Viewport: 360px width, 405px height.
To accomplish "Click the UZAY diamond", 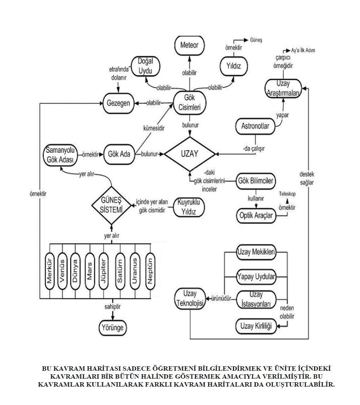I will pyautogui.click(x=189, y=154).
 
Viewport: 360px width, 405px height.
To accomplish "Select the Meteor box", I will pyautogui.click(x=189, y=46).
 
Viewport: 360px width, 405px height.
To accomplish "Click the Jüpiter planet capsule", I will pyautogui.click(x=104, y=272).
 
